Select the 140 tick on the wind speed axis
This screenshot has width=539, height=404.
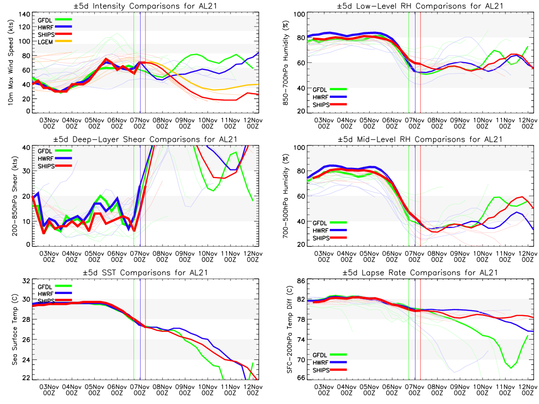tap(25, 14)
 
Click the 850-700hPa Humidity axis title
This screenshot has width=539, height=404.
tap(285, 63)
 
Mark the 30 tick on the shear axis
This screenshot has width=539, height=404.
tap(27, 171)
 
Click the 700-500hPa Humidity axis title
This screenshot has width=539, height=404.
tap(285, 196)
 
